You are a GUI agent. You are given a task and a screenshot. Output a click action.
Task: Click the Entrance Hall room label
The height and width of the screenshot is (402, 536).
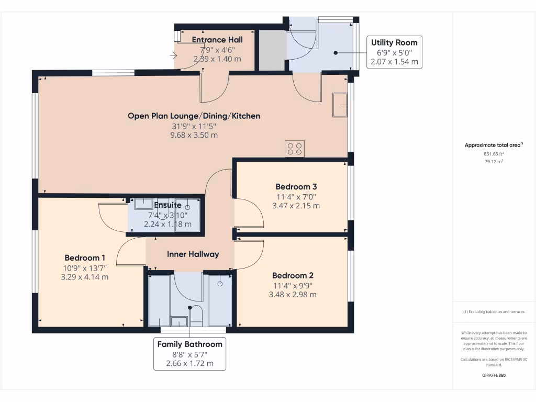click(x=217, y=40)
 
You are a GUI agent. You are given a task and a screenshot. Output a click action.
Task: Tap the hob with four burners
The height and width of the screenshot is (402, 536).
click(x=295, y=149)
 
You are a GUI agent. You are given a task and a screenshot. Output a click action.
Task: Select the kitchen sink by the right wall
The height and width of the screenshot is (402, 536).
click(x=340, y=105)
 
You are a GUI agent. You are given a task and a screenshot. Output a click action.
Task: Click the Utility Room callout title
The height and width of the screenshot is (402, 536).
click(x=394, y=43)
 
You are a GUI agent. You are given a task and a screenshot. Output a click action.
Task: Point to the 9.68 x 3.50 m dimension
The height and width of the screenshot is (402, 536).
click(x=194, y=135)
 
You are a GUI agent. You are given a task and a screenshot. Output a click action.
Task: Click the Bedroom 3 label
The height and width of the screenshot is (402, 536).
click(x=296, y=187)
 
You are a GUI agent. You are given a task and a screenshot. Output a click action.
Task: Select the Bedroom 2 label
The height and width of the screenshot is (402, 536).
click(x=293, y=275)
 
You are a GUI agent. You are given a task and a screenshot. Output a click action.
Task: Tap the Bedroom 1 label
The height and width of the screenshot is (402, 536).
click(x=85, y=258)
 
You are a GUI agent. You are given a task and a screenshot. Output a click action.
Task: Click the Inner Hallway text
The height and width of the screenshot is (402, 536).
click(x=193, y=254)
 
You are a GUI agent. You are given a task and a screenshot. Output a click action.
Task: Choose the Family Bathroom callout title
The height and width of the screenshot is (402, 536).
click(x=189, y=344)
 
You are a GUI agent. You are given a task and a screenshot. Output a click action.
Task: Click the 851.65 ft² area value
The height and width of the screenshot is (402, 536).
click(x=494, y=154)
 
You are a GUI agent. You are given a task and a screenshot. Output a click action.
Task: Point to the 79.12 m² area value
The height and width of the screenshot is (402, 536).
click(x=494, y=161)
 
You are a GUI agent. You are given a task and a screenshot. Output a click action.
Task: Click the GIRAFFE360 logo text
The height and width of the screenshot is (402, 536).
click(x=494, y=375)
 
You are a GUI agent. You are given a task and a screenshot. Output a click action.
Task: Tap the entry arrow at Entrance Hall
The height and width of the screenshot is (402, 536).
click(x=173, y=55)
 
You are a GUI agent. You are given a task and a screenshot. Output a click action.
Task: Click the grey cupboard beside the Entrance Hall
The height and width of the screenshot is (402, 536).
click(x=272, y=50)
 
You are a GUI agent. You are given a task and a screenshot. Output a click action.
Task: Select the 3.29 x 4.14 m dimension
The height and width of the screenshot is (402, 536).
click(x=85, y=277)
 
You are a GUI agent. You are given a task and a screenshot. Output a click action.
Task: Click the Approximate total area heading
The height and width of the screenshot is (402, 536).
click(x=494, y=145)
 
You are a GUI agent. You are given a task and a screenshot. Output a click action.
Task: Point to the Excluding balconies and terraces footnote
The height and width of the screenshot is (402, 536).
click(x=494, y=312)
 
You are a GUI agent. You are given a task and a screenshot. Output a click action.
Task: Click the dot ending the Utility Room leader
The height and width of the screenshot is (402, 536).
click(x=336, y=53)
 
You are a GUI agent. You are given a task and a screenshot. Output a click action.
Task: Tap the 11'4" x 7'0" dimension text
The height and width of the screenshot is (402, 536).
click(x=296, y=197)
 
